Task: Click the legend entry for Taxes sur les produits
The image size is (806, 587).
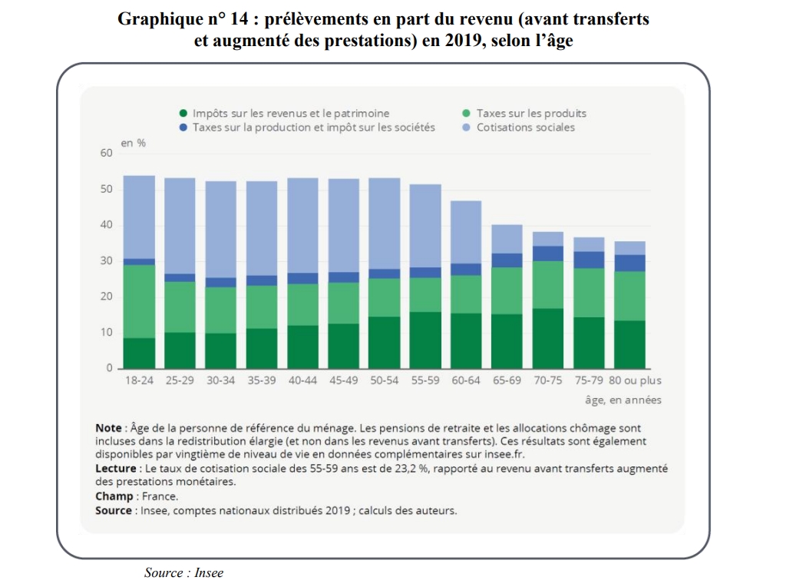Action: (530, 113)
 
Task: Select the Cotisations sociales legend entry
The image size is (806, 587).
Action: (525, 128)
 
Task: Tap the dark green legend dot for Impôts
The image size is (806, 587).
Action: (183, 113)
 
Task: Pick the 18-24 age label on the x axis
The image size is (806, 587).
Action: (139, 380)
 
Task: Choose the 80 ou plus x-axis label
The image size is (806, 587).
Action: (635, 380)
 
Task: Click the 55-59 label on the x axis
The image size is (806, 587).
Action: (425, 380)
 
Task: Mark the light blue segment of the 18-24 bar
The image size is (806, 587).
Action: (139, 217)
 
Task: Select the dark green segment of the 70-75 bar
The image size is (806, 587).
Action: (548, 338)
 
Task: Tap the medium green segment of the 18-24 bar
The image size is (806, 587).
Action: (139, 301)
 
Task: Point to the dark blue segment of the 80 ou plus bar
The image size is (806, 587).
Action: (629, 263)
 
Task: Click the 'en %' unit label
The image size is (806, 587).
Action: (133, 143)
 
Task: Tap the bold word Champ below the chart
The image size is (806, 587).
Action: (114, 496)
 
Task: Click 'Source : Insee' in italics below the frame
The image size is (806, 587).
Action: (183, 573)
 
